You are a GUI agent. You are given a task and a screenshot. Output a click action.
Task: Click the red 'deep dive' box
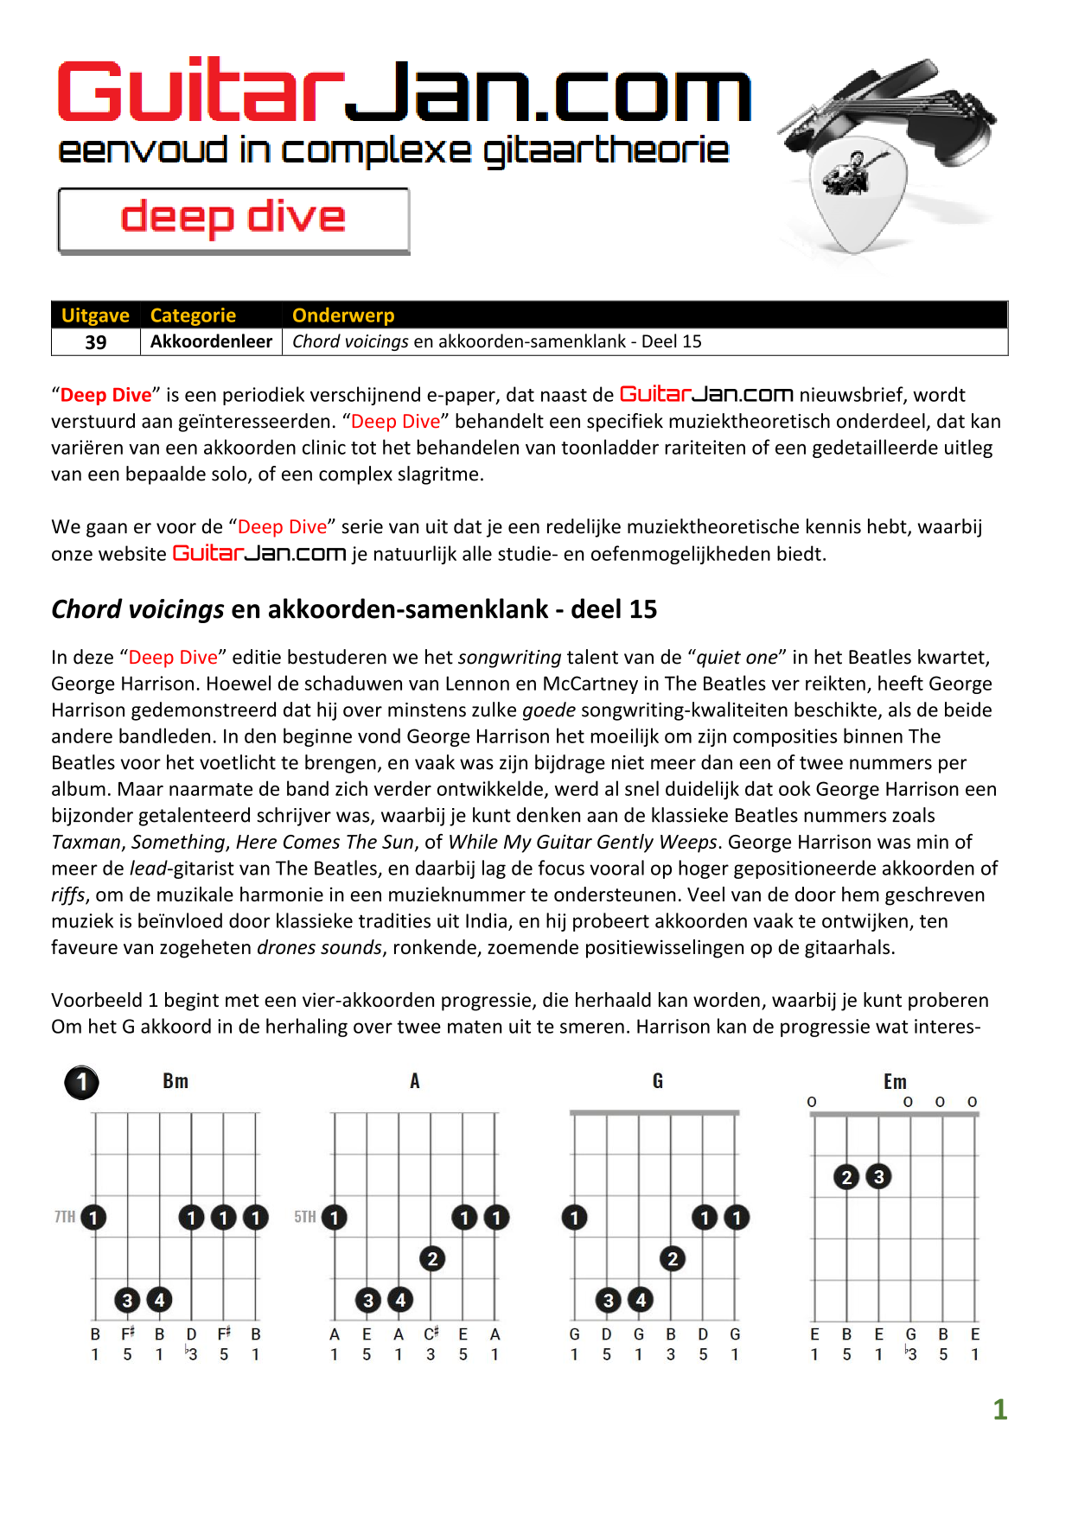coord(233,220)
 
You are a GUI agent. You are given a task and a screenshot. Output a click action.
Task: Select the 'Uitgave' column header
coord(95,315)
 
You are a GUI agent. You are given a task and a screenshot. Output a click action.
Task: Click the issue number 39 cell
coord(96,342)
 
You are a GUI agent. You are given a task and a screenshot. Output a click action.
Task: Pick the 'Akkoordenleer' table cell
coord(211,341)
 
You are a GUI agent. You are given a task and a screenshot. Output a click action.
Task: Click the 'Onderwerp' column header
coord(343,315)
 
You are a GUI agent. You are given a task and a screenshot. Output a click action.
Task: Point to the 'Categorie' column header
coord(193,315)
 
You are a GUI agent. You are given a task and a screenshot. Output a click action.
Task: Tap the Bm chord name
coord(175,1081)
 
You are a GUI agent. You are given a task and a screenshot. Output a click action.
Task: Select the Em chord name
coord(895,1082)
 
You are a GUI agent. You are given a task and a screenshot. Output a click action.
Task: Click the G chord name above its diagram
coord(658,1081)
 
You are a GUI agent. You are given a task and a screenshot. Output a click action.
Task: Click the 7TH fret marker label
coord(65,1217)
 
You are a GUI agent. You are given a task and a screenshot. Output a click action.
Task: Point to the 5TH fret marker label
coord(304,1217)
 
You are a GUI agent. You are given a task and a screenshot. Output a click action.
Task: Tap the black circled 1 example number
coord(82,1082)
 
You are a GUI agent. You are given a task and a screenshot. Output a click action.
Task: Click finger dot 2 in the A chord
coord(432,1258)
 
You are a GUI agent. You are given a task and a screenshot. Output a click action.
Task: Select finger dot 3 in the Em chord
coord(878,1176)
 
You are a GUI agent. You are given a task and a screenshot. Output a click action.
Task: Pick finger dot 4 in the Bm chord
coord(159,1300)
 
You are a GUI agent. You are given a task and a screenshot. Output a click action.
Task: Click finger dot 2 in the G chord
coord(672,1258)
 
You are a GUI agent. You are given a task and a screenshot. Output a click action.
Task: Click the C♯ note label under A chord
coord(431,1334)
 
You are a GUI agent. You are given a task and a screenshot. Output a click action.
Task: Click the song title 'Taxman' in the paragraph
coord(86,842)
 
